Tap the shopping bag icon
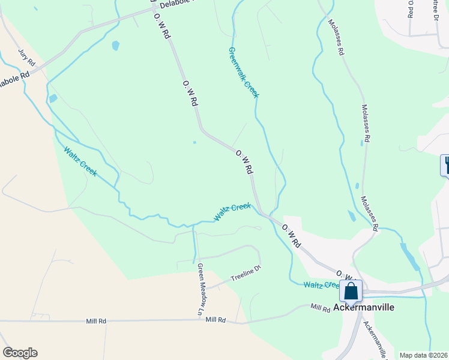point(351,292)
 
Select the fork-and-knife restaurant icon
point(446,164)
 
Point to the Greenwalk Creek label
point(244,73)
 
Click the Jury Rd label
point(27,58)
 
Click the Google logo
point(20,353)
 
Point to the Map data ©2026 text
point(423,355)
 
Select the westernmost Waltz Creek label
point(80,161)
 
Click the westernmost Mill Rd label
point(95,321)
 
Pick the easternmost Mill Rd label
point(321,308)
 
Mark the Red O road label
point(411,9)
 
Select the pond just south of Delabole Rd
point(115,45)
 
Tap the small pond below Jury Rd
point(53,98)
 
